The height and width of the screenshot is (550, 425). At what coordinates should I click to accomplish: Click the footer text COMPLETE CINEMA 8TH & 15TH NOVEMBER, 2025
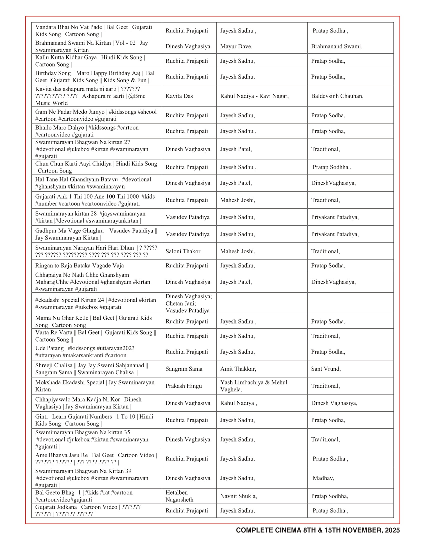coord(318,530)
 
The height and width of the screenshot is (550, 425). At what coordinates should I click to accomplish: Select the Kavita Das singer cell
coord(179,96)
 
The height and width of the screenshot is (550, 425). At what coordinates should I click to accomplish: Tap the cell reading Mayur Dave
coord(236,46)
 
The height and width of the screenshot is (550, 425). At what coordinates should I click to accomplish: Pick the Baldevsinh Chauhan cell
coord(337,96)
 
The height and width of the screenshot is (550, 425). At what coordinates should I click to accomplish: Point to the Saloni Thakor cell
coord(183,251)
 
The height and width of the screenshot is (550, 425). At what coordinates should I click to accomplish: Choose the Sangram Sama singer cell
coord(184,369)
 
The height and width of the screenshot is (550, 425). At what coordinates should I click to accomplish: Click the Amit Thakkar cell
coord(238,369)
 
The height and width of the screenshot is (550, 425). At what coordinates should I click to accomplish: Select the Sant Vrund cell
coord(326,369)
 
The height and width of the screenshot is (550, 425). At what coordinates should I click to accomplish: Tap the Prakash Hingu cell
coord(183,386)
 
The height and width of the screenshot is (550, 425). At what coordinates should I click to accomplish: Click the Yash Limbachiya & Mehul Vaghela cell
coord(253,386)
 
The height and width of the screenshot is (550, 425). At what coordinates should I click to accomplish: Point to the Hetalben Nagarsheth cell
coord(179,496)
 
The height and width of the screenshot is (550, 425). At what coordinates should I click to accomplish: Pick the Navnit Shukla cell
coord(238,496)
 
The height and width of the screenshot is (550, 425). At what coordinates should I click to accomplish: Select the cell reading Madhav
coord(323,478)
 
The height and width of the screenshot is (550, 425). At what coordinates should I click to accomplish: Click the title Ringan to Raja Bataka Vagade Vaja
coord(79,265)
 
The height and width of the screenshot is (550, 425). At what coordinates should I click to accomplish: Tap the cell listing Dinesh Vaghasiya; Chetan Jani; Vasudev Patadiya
coord(188,303)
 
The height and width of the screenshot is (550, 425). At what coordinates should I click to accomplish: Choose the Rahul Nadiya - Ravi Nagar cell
coord(254,96)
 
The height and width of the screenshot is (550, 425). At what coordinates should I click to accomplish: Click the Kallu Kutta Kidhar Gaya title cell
coord(90,61)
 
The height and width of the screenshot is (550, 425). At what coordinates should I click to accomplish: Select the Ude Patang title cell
coord(85,351)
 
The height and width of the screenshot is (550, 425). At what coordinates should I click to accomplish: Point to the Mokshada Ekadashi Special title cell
coord(95,386)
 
